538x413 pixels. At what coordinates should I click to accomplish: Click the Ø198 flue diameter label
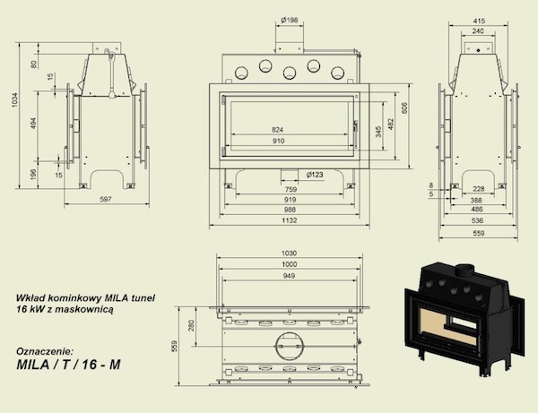[290, 21]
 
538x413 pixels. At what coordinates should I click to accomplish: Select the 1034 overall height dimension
[14, 99]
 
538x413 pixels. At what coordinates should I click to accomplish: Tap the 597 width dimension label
[105, 199]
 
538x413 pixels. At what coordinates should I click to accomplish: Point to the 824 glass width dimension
[278, 130]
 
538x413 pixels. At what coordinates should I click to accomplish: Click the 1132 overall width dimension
[290, 220]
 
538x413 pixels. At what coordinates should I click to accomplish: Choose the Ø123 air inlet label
[315, 175]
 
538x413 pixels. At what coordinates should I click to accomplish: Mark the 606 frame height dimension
[405, 108]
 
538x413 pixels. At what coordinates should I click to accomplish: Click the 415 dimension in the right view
[478, 21]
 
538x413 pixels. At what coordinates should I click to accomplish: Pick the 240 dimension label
[478, 31]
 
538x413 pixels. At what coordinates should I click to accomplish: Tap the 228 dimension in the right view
[478, 189]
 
